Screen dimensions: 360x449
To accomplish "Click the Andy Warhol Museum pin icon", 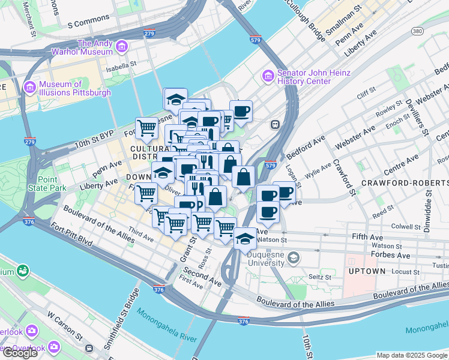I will (122, 46).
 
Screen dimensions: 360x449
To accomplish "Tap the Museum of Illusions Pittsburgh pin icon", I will (29, 88).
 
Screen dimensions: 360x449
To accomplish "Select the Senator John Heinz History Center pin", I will (268, 76).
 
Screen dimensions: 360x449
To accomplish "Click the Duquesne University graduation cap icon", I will (294, 259).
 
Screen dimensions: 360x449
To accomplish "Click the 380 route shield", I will (417, 31).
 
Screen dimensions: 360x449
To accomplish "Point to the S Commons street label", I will (89, 25).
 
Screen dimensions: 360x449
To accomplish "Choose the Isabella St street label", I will (122, 64).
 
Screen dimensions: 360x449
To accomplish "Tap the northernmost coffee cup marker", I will (241, 111).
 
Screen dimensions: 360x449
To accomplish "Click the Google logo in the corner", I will (20, 353).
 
